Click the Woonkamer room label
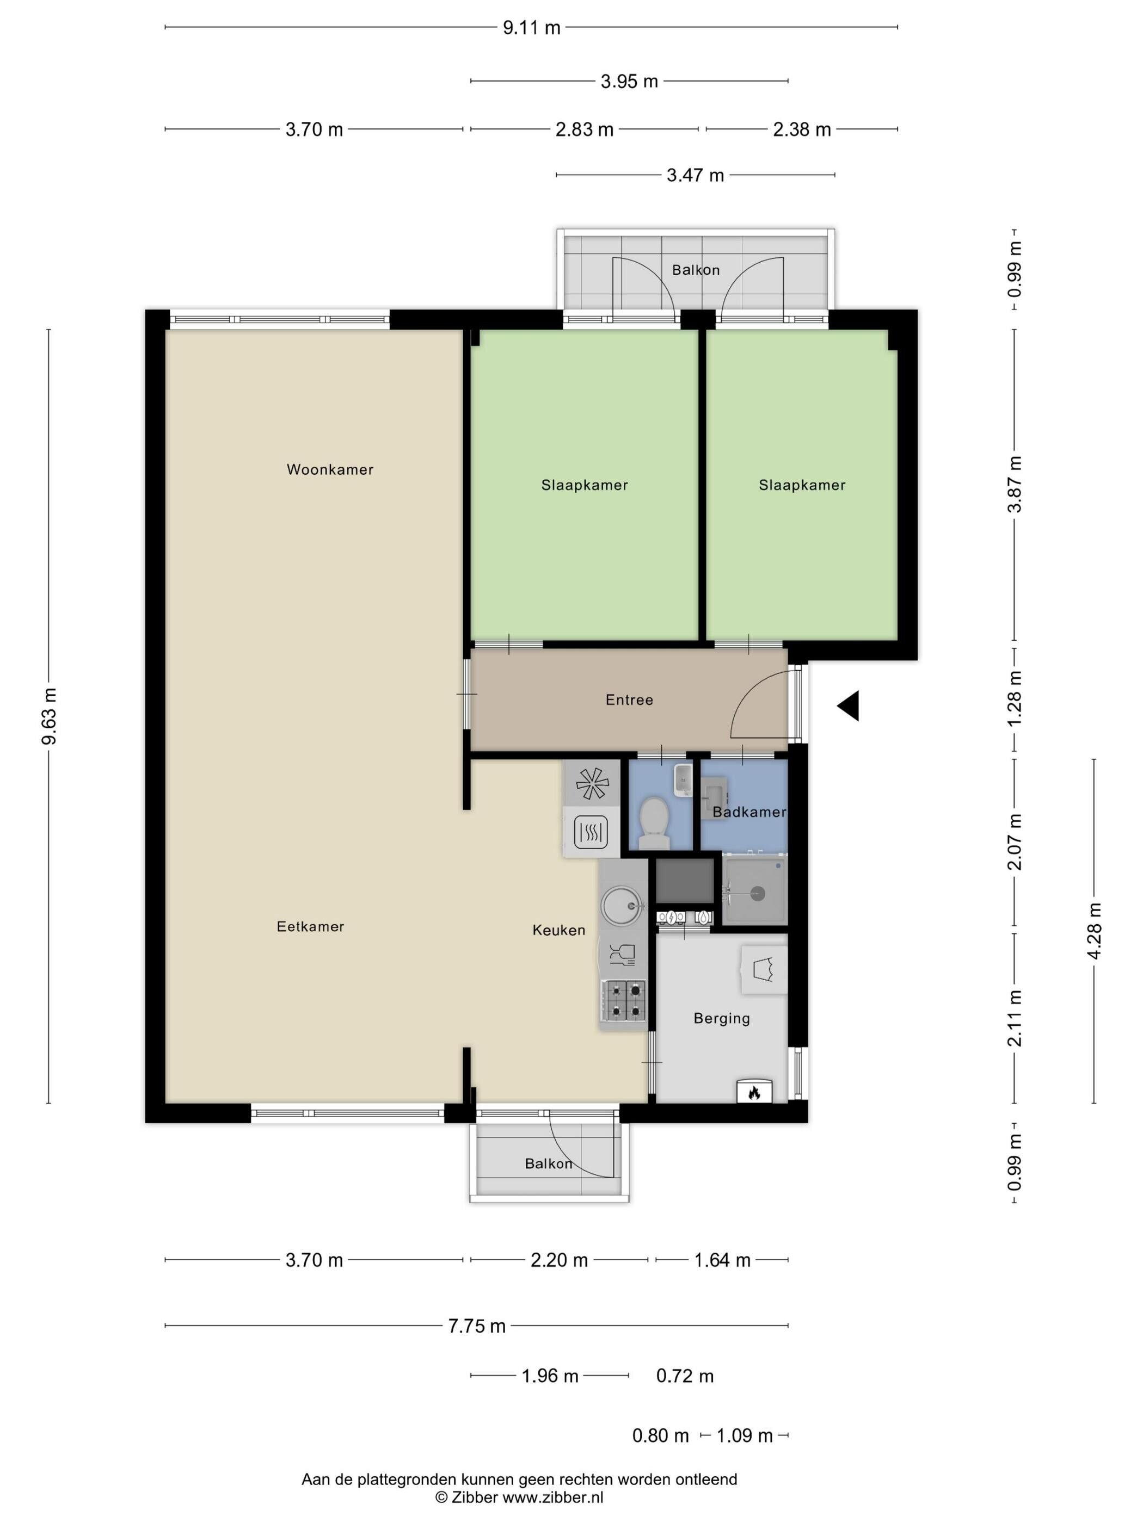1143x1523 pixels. (330, 469)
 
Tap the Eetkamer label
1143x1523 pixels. (310, 927)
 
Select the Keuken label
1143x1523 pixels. (559, 930)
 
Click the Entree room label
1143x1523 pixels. (629, 699)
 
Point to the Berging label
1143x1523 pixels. (721, 1018)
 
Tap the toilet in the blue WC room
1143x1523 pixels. (654, 823)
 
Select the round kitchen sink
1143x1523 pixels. (622, 904)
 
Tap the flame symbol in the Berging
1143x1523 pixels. (754, 1092)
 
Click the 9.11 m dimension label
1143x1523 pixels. (531, 28)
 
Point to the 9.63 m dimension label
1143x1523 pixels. (50, 716)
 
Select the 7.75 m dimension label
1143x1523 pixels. (477, 1326)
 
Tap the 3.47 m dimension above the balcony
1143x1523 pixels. (695, 176)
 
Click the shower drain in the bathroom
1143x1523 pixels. (757, 894)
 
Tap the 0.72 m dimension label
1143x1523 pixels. (685, 1376)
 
